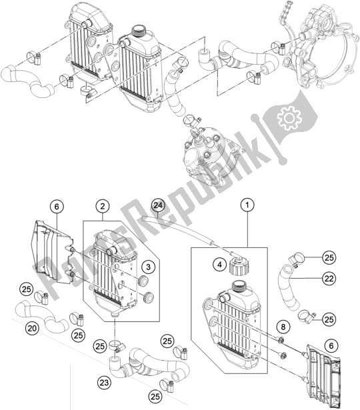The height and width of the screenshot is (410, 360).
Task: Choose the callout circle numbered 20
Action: [x=31, y=327]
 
